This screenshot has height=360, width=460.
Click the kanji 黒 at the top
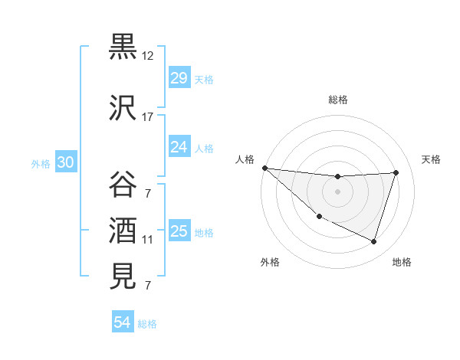pyautogui.click(x=123, y=47)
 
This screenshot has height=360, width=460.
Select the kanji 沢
pyautogui.click(x=123, y=106)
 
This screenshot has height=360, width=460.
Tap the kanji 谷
pyautogui.click(x=123, y=185)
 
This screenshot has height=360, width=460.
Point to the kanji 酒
pyautogui.click(x=123, y=229)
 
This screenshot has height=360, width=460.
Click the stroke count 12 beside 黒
pyautogui.click(x=148, y=56)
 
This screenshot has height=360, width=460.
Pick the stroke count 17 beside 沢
pyautogui.click(x=148, y=116)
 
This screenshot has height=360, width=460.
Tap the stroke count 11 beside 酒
pyautogui.click(x=148, y=240)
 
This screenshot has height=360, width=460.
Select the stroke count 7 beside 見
pyautogui.click(x=148, y=286)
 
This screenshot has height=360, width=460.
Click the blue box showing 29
pyautogui.click(x=179, y=78)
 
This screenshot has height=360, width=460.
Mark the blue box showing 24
pyautogui.click(x=179, y=146)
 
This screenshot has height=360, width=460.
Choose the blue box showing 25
pyautogui.click(x=179, y=231)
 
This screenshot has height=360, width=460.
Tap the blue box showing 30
pyautogui.click(x=65, y=162)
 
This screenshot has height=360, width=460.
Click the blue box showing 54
pyautogui.click(x=122, y=322)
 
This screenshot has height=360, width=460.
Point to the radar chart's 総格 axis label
pyautogui.click(x=337, y=100)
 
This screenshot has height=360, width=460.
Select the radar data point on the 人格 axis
pyautogui.click(x=264, y=168)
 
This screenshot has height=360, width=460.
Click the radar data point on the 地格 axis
pyautogui.click(x=373, y=241)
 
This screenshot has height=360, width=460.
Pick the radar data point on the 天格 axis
pyautogui.click(x=396, y=172)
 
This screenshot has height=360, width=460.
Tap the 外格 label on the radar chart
pyautogui.click(x=270, y=262)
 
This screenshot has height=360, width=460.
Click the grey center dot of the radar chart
pyautogui.click(x=337, y=191)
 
